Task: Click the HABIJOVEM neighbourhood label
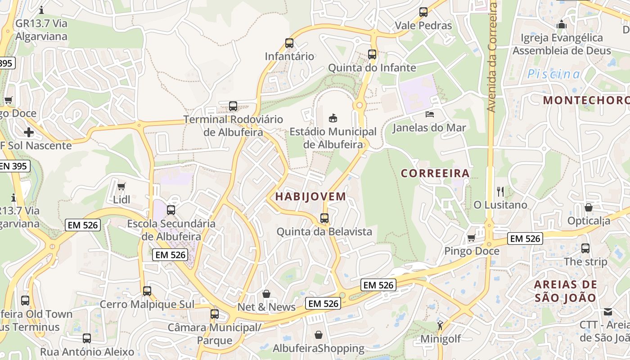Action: tap(310, 197)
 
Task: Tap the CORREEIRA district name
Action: tap(435, 173)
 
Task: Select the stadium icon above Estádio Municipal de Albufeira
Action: tap(333, 118)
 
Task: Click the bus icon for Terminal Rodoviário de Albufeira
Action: tap(233, 106)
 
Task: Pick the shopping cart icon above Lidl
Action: tap(121, 186)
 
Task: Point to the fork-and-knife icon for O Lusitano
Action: tap(500, 192)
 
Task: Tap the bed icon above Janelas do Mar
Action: tap(430, 114)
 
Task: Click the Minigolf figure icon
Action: tap(440, 325)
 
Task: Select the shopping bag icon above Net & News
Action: tap(266, 294)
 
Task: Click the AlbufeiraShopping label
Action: tap(319, 348)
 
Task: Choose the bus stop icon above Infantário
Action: tap(289, 43)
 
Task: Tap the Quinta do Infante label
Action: tap(372, 68)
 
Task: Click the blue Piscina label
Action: tap(554, 74)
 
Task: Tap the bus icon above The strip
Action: tap(585, 248)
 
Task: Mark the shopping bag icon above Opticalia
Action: tap(588, 207)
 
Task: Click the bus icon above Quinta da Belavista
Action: tap(324, 218)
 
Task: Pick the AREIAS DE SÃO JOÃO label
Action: tap(566, 291)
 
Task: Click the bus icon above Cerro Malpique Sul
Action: tap(147, 291)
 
